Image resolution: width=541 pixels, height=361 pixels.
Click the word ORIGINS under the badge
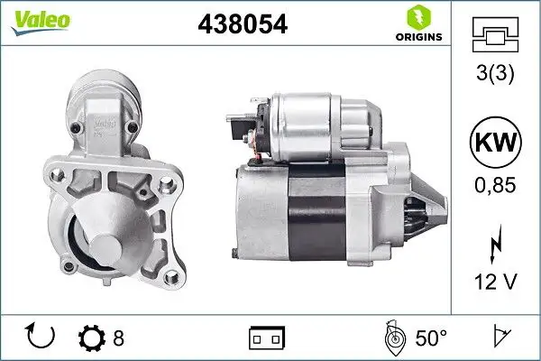pos(417,39)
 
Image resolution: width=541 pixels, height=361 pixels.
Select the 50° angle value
pos(431,338)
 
